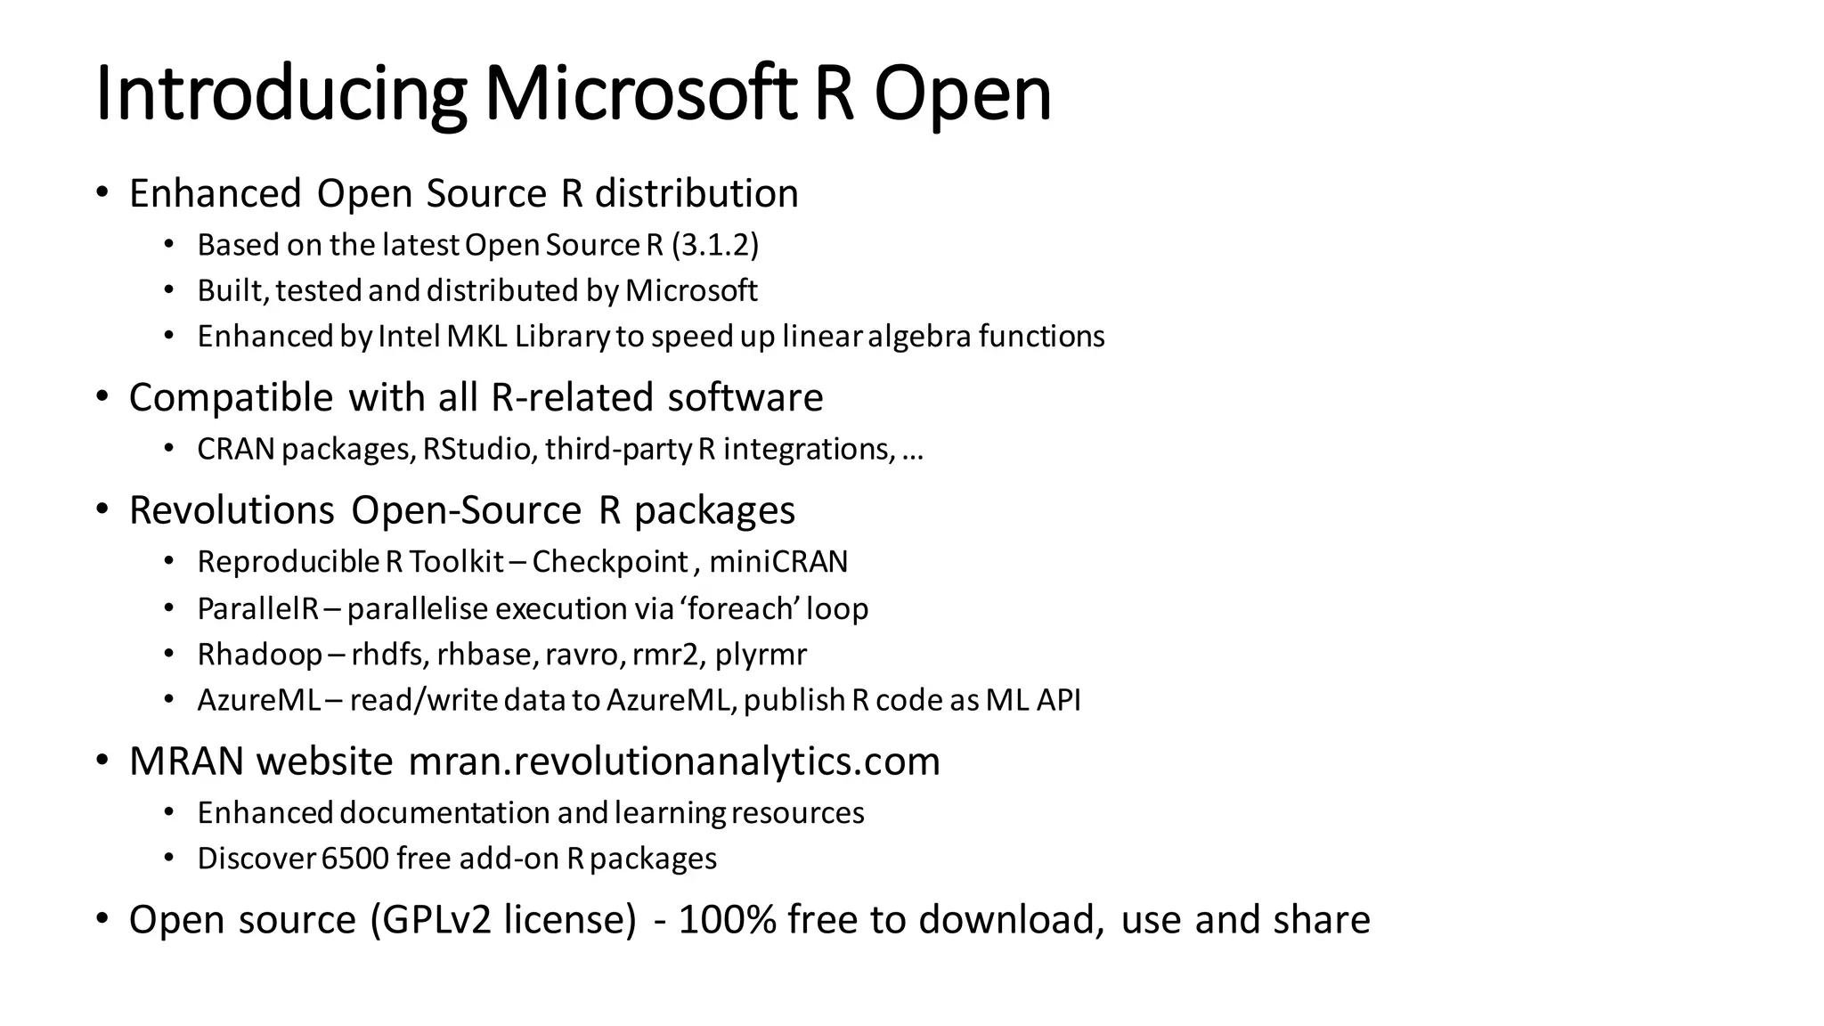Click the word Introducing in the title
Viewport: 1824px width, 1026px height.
[281, 94]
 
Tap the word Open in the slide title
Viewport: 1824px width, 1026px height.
[962, 94]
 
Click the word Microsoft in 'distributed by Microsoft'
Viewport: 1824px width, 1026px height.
[691, 290]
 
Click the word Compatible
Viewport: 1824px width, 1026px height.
[231, 397]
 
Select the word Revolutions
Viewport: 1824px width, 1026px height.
[232, 510]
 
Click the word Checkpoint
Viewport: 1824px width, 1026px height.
[610, 562]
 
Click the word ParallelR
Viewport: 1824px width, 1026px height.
[257, 609]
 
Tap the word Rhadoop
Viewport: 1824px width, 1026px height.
[259, 655]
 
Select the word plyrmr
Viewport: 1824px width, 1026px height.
[761, 655]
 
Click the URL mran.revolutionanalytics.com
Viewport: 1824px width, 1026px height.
[674, 761]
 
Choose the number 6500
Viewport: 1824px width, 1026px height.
[355, 859]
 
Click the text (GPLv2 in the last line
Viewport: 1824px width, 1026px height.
[430, 920]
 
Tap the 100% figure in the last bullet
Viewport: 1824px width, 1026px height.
[727, 920]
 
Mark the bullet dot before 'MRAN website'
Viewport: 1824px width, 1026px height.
[102, 761]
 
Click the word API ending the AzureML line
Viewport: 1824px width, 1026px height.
[1058, 700]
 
